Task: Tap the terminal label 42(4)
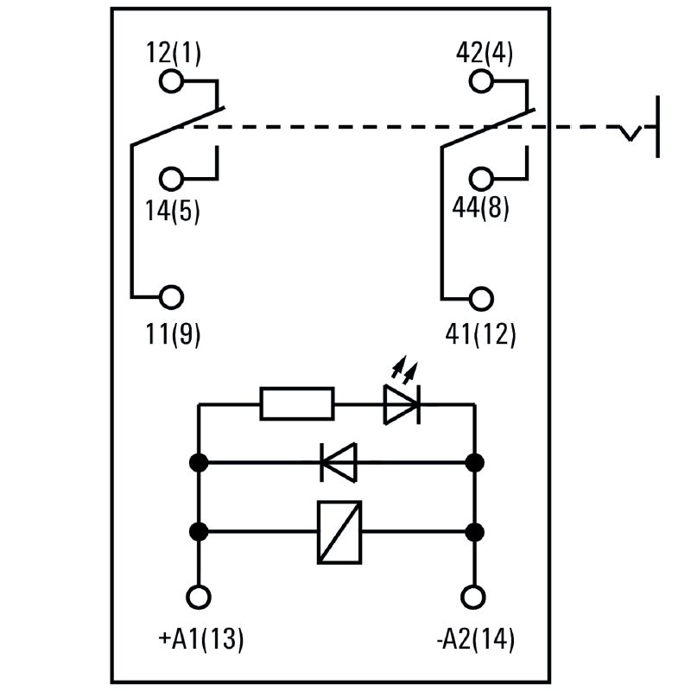click(484, 54)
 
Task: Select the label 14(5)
click(173, 211)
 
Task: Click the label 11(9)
click(173, 333)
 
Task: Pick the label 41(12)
click(482, 333)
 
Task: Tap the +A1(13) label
click(201, 639)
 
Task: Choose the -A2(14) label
click(475, 639)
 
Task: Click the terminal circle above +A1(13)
click(200, 597)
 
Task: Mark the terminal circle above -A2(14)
click(473, 597)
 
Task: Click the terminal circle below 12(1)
click(172, 81)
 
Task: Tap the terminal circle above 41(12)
click(482, 297)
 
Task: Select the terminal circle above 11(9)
click(172, 297)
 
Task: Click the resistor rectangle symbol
click(297, 403)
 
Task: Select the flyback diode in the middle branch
click(338, 462)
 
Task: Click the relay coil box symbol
click(339, 532)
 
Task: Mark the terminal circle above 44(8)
click(482, 179)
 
